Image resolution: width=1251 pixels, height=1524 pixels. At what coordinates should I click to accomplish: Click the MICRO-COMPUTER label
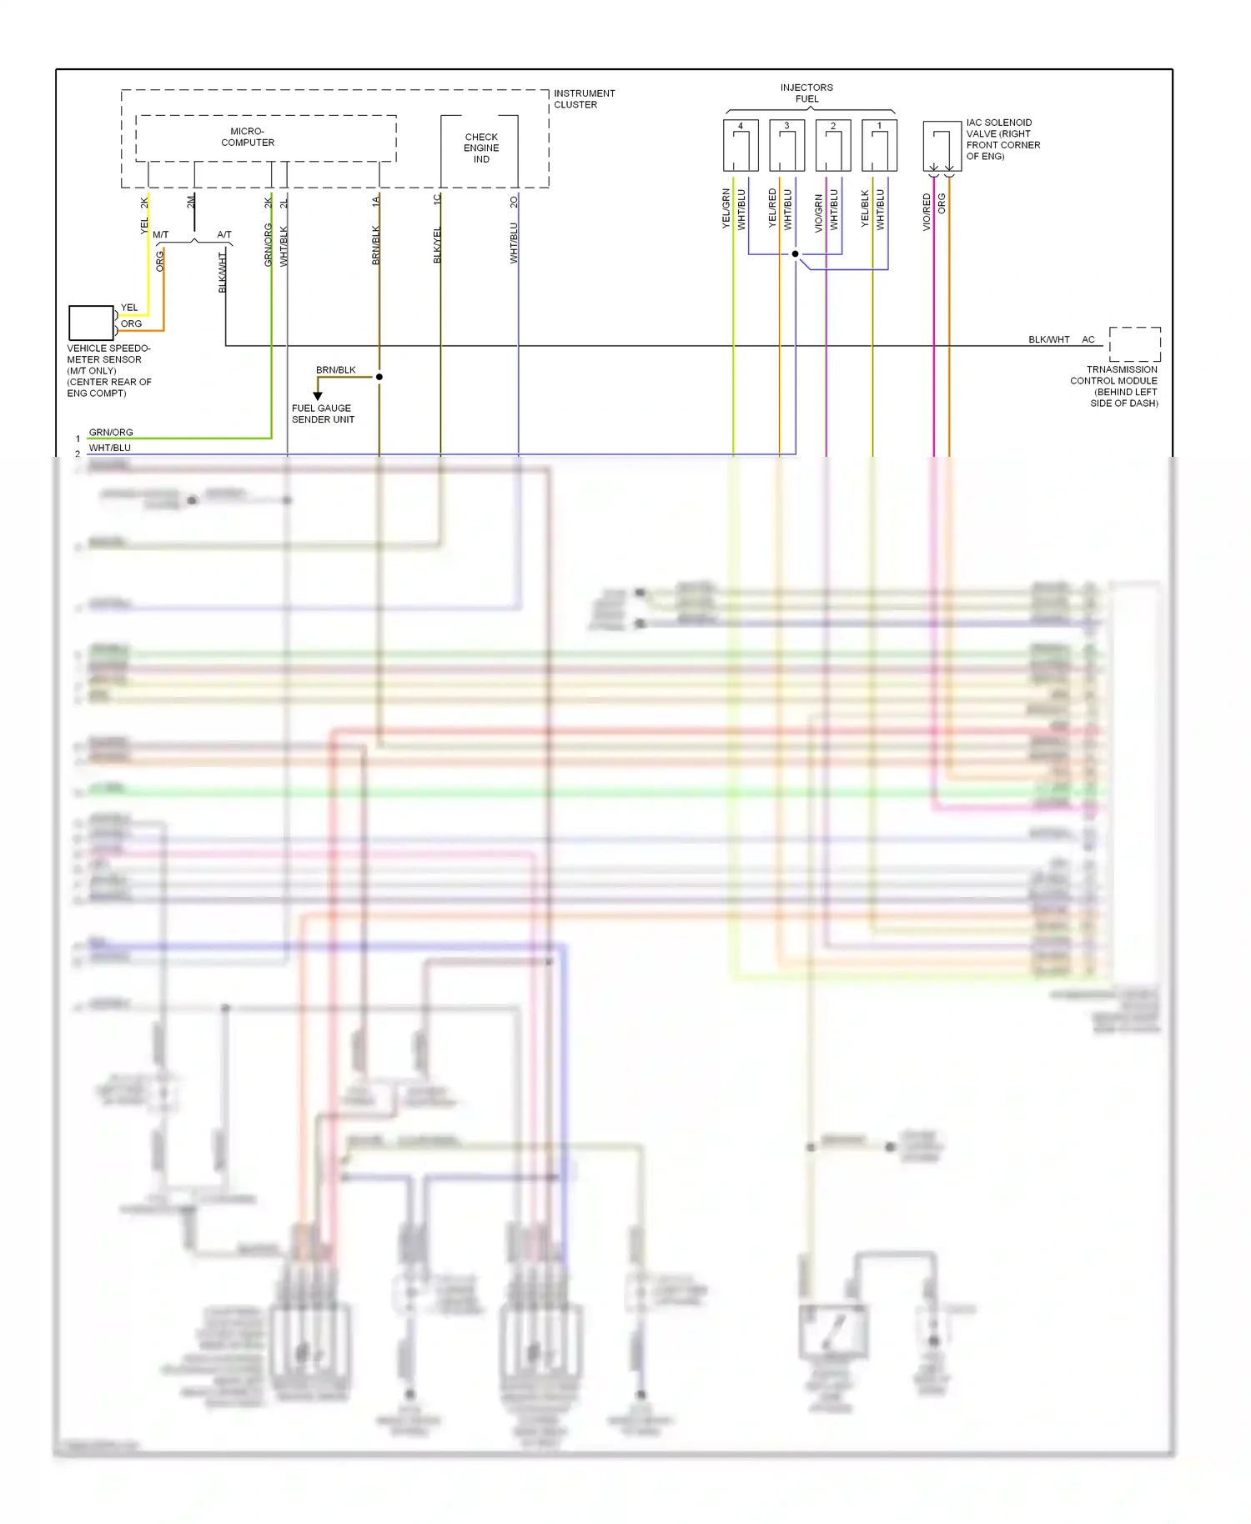(248, 137)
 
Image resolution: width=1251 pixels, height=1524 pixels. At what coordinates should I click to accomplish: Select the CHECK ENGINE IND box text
(481, 148)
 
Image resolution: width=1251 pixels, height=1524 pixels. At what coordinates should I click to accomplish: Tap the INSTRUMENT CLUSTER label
(584, 99)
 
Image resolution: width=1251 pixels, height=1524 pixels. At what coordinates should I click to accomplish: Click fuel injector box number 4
(741, 146)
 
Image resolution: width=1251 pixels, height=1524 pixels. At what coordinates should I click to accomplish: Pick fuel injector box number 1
(879, 146)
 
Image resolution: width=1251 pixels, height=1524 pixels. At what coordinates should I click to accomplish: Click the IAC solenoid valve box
(942, 147)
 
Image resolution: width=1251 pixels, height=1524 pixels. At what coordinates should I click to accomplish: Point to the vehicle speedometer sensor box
(91, 323)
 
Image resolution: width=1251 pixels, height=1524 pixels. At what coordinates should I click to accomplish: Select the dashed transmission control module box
(1134, 343)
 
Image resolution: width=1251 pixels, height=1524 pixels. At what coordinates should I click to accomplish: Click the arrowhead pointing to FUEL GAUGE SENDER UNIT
(318, 396)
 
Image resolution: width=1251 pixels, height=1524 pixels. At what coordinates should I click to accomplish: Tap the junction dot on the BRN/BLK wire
(379, 377)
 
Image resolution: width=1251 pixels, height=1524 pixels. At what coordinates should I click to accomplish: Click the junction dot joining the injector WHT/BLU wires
(796, 253)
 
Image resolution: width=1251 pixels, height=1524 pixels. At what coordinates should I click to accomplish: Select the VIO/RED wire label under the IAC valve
(927, 212)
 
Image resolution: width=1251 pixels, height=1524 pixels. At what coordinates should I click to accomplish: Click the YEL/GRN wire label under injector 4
(726, 208)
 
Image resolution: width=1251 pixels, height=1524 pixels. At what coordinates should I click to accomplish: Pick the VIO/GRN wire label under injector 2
(818, 212)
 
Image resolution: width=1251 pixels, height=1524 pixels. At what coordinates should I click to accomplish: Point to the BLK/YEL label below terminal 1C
(437, 245)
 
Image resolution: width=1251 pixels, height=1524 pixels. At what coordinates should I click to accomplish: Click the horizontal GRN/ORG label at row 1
(111, 433)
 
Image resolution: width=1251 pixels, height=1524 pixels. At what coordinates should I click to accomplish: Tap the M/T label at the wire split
(160, 235)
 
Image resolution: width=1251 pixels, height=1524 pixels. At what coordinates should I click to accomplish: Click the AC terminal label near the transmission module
(1088, 339)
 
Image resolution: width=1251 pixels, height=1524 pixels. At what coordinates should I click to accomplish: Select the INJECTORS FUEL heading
(806, 93)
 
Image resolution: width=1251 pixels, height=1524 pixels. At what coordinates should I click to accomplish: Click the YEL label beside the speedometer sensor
(129, 308)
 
